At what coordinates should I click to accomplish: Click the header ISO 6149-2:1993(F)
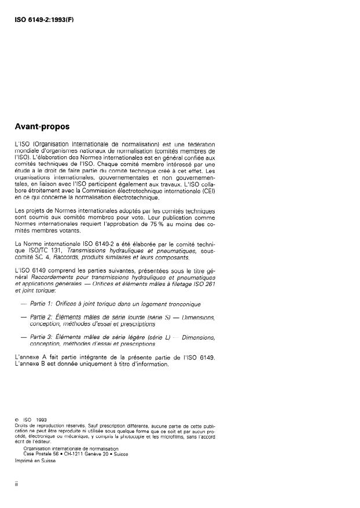tap(45, 19)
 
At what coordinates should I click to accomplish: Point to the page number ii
tap(16, 485)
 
